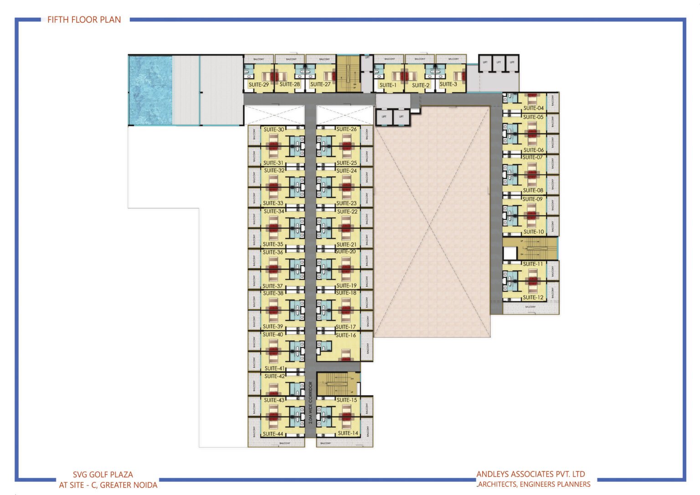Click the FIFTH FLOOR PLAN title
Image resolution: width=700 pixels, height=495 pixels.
pos(84,20)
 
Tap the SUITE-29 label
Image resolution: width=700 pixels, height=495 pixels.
pos(258,84)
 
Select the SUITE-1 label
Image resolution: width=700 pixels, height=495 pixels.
pos(388,85)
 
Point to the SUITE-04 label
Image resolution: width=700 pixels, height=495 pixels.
pos(533,108)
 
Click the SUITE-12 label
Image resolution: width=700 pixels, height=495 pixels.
pos(533,297)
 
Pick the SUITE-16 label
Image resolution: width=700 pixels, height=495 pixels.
pos(346,335)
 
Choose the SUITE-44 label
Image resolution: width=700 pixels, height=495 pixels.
pos(273,434)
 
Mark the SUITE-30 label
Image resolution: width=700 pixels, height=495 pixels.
pos(273,129)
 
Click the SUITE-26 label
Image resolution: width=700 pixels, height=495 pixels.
pos(346,129)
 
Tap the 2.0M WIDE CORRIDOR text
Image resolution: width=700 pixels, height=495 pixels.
pos(311,403)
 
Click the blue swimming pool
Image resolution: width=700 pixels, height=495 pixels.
pos(150,90)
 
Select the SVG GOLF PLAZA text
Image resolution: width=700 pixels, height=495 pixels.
pos(103,474)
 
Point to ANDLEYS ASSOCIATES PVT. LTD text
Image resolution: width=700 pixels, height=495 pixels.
pos(531,474)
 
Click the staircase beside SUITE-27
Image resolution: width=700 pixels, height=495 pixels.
pos(349,73)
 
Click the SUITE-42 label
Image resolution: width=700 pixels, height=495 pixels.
pos(274,376)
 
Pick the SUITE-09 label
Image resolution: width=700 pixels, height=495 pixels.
pos(532,199)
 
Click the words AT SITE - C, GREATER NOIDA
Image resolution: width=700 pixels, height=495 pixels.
pos(108,485)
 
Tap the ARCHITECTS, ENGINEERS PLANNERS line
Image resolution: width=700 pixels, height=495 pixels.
pos(534,484)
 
